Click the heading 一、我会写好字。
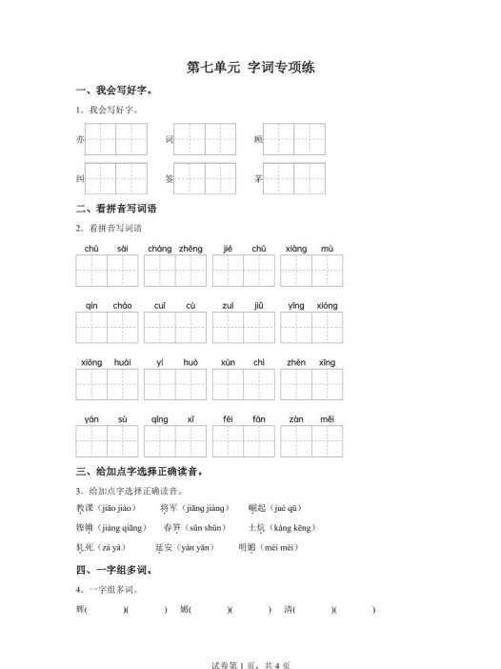113,91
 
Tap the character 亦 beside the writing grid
79,140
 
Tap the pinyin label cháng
160,249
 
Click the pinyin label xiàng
296,249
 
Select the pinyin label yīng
296,306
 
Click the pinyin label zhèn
296,363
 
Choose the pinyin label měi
327,420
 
